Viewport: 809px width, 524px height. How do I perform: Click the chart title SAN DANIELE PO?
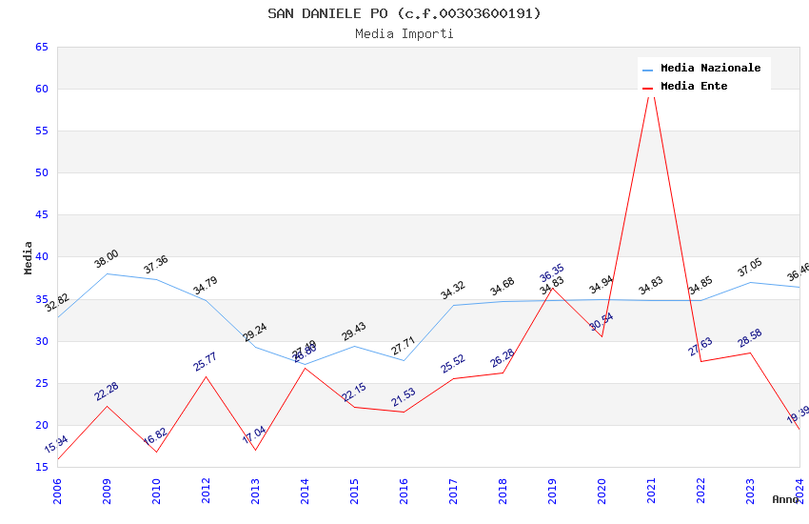(404, 13)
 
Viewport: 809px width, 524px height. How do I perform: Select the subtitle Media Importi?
(404, 34)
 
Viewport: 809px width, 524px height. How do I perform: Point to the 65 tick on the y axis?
(41, 48)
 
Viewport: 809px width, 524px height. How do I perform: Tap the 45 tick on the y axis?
(41, 215)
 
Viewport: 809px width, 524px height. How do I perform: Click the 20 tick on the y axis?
(41, 426)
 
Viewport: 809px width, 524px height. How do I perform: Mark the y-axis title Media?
(29, 257)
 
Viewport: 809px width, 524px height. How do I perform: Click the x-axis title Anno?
(785, 499)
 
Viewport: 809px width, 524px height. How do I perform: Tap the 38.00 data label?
(107, 259)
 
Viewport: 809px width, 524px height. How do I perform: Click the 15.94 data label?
(56, 444)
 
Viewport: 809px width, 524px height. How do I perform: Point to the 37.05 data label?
(750, 268)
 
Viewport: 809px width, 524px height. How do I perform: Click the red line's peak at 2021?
(651, 88)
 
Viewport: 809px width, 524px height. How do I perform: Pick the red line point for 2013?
(255, 450)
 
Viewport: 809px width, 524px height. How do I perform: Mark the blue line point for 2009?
(107, 273)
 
